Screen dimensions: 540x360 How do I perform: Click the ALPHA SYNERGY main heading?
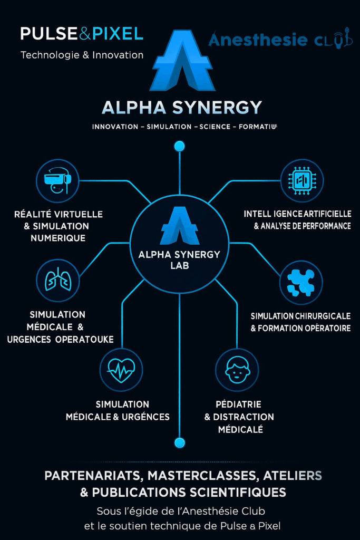click(x=181, y=108)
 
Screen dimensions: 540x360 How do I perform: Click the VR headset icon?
click(x=57, y=181)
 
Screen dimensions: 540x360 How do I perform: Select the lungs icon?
click(x=57, y=280)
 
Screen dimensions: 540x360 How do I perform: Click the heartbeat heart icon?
click(x=121, y=369)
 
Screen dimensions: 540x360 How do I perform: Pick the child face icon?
click(x=237, y=369)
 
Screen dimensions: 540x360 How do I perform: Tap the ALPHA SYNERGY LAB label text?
click(x=179, y=260)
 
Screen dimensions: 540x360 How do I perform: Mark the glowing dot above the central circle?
click(x=179, y=146)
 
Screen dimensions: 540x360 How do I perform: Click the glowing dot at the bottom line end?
click(x=179, y=442)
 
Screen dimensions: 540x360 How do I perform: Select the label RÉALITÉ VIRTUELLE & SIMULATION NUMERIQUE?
click(x=59, y=226)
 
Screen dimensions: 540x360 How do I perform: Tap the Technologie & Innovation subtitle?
click(x=82, y=55)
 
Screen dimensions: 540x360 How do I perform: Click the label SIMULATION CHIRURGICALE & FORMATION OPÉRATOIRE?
click(x=300, y=322)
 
